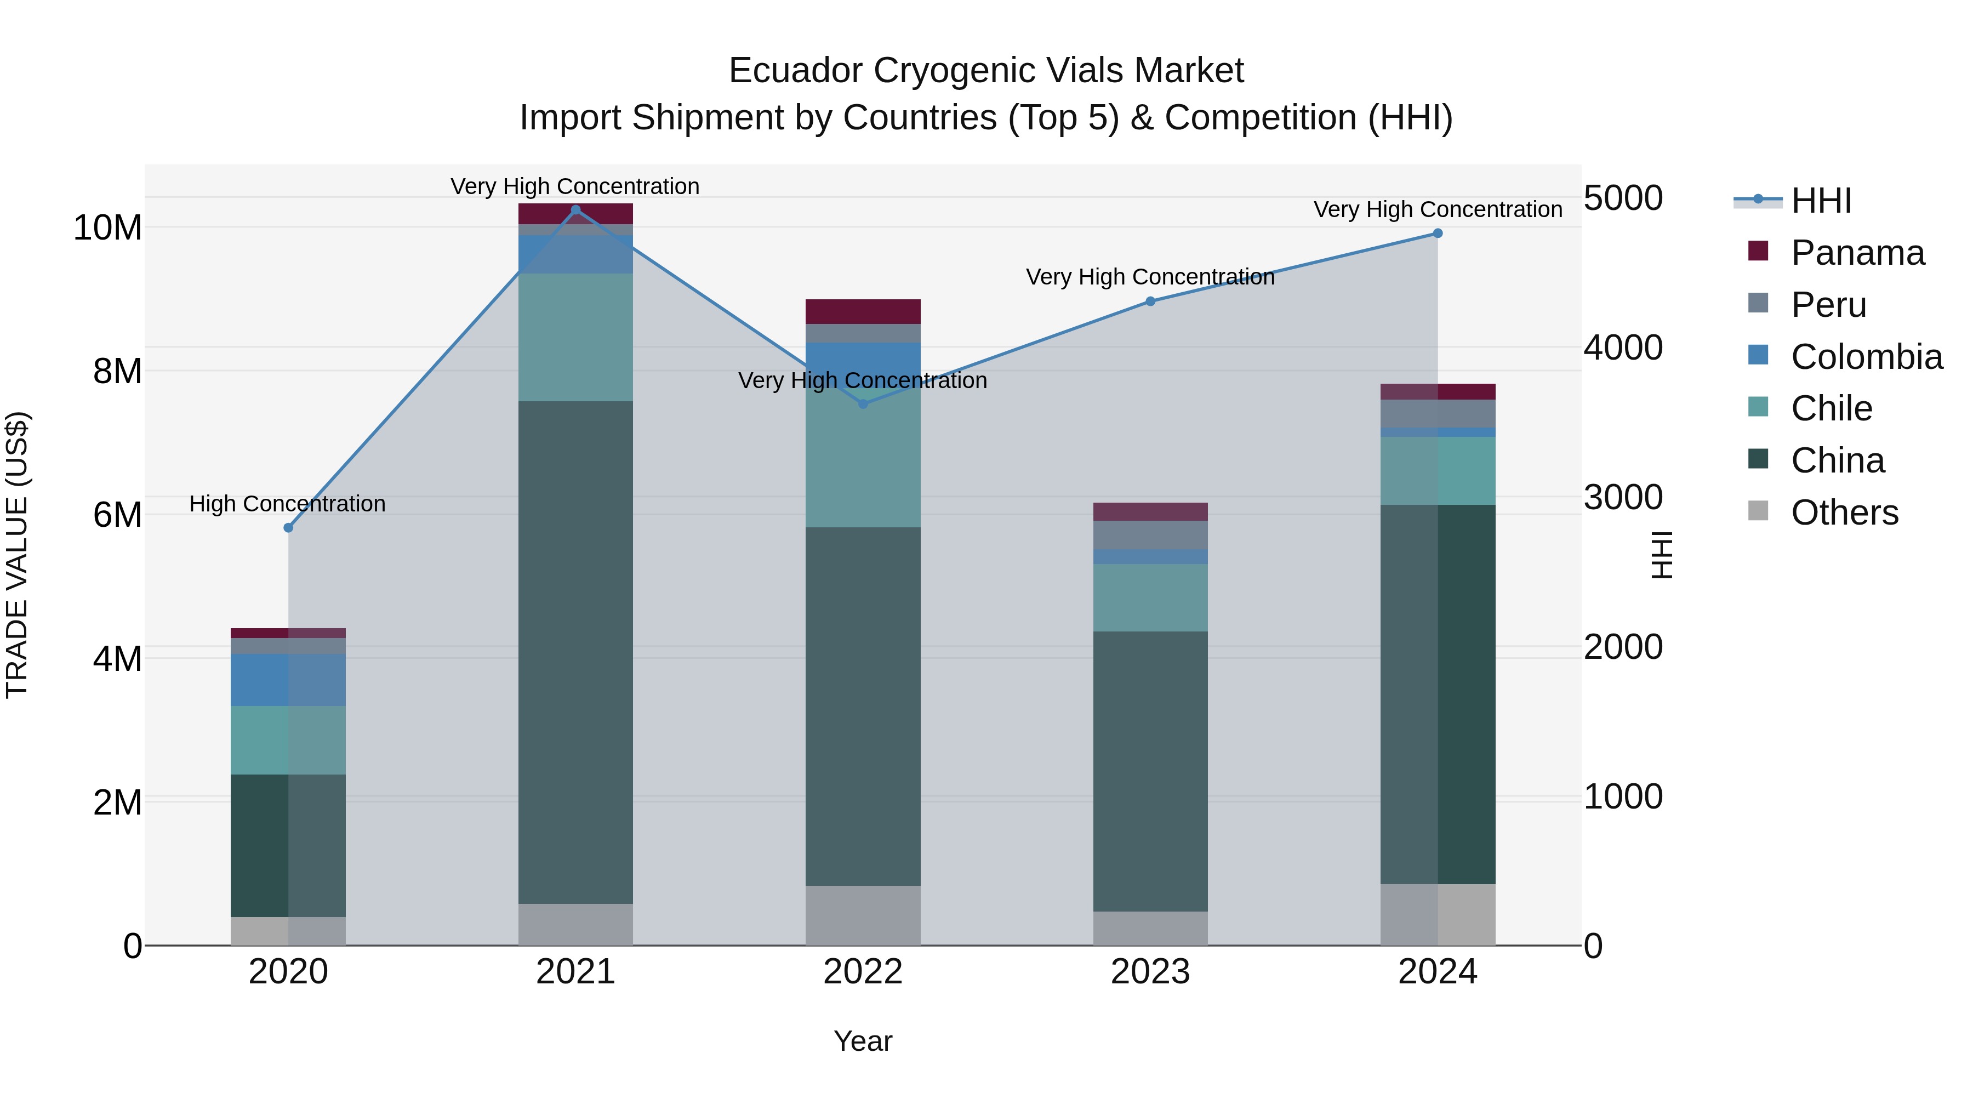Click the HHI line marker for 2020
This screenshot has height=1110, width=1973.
(x=288, y=528)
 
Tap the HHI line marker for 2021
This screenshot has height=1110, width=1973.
(x=576, y=210)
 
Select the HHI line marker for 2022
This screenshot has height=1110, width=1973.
(x=863, y=403)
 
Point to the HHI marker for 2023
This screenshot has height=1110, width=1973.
(x=1150, y=301)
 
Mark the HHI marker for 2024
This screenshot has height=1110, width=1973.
(x=1438, y=233)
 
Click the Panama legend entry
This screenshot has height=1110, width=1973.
(x=1857, y=253)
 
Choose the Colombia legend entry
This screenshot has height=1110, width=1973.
(x=1866, y=357)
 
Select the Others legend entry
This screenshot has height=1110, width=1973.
(x=1844, y=513)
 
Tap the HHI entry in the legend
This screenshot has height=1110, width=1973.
(x=1821, y=201)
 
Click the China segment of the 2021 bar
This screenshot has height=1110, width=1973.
(x=576, y=651)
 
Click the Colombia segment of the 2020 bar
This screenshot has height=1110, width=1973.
(x=288, y=680)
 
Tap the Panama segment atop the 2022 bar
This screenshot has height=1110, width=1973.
(x=863, y=311)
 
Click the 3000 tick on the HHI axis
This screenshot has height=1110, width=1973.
(x=1623, y=498)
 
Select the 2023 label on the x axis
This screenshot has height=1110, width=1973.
(x=1150, y=972)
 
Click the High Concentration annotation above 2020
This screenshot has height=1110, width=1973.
(x=287, y=503)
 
